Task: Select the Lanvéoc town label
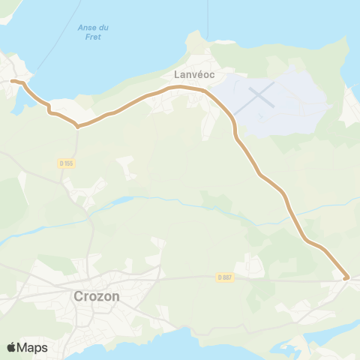click(185, 75)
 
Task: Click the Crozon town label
click(96, 295)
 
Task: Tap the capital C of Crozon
click(79, 295)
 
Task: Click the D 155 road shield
click(66, 163)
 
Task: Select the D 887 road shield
click(225, 277)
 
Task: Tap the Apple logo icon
click(12, 347)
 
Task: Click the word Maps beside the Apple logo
click(32, 347)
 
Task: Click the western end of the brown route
click(12, 80)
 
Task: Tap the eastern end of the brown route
click(346, 278)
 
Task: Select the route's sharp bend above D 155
click(77, 126)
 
